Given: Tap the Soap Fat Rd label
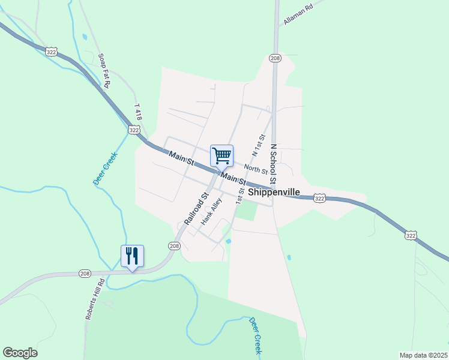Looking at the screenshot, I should click(103, 70).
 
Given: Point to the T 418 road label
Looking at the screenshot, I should click(139, 113).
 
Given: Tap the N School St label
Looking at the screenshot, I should click(273, 164).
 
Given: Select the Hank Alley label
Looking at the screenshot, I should click(212, 211).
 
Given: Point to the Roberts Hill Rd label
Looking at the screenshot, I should click(95, 298).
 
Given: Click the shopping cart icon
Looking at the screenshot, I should click(221, 156).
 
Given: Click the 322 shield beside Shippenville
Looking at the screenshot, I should click(319, 198).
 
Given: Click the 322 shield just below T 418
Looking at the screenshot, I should click(134, 130).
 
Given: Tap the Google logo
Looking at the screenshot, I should click(20, 353).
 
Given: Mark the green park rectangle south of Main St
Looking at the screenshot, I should click(245, 211).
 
